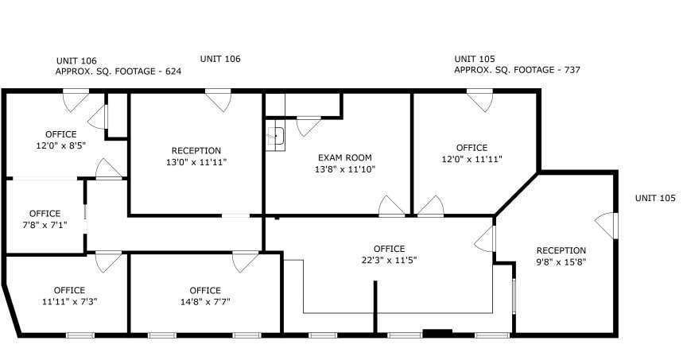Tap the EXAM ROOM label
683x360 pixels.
tap(345, 157)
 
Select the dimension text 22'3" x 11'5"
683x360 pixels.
tap(390, 260)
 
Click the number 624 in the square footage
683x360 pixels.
tap(173, 72)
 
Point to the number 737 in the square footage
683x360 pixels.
tap(571, 70)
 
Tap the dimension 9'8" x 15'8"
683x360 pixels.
tap(561, 261)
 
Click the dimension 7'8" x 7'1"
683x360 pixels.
tap(45, 225)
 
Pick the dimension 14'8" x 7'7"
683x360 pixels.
tap(205, 301)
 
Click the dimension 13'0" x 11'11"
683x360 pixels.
tap(196, 162)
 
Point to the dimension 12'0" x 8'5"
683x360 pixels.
tap(60, 145)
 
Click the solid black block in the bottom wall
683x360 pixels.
tap(437, 332)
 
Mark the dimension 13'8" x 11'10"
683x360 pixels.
tap(345, 168)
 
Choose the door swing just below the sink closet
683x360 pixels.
tap(309, 126)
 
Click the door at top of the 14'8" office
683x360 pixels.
tap(244, 261)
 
